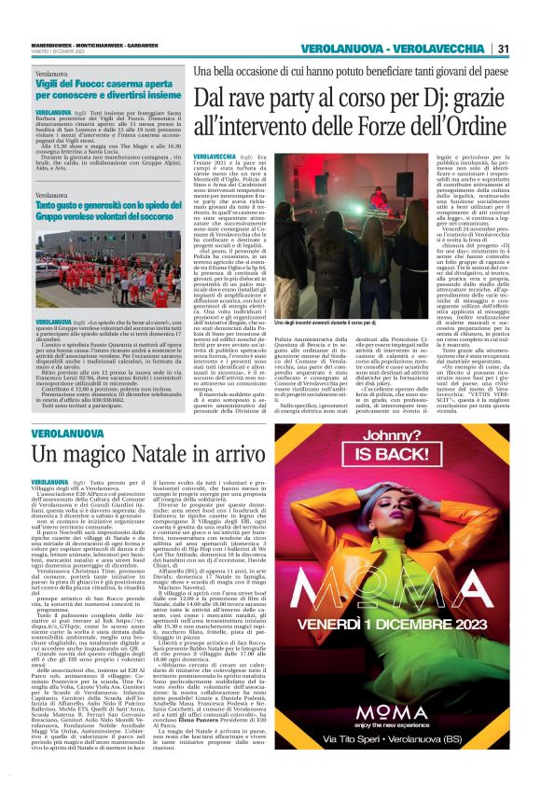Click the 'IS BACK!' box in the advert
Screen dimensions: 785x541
tap(423, 459)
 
